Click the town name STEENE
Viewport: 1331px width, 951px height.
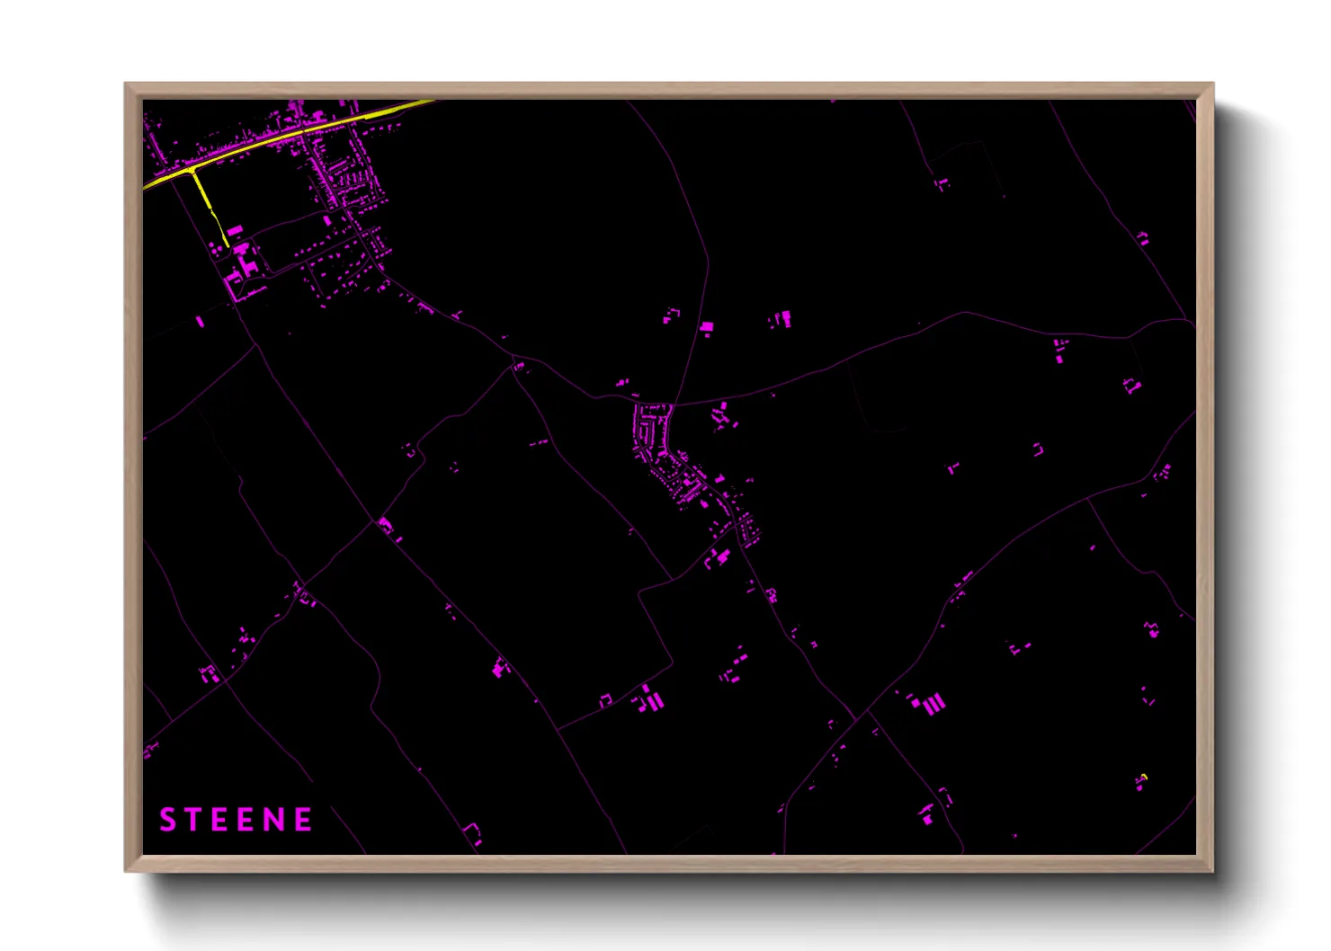[x=236, y=820]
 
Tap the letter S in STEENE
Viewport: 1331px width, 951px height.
[x=167, y=820]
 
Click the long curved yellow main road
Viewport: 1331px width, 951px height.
[x=297, y=135]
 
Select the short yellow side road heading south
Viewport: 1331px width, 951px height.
[x=209, y=207]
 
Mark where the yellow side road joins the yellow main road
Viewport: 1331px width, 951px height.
[x=192, y=170]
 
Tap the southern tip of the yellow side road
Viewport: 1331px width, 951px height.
[x=228, y=245]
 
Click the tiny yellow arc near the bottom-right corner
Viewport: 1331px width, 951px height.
[x=1143, y=776]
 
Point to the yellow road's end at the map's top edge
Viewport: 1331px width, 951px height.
[x=433, y=101]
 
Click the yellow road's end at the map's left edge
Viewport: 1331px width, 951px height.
[x=145, y=188]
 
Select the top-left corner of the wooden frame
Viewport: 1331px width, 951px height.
[x=125, y=84]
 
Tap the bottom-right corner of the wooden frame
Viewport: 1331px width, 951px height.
[x=1213, y=871]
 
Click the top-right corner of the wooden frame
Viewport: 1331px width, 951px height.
[x=1213, y=84]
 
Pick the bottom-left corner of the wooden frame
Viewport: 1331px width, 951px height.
[x=125, y=871]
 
